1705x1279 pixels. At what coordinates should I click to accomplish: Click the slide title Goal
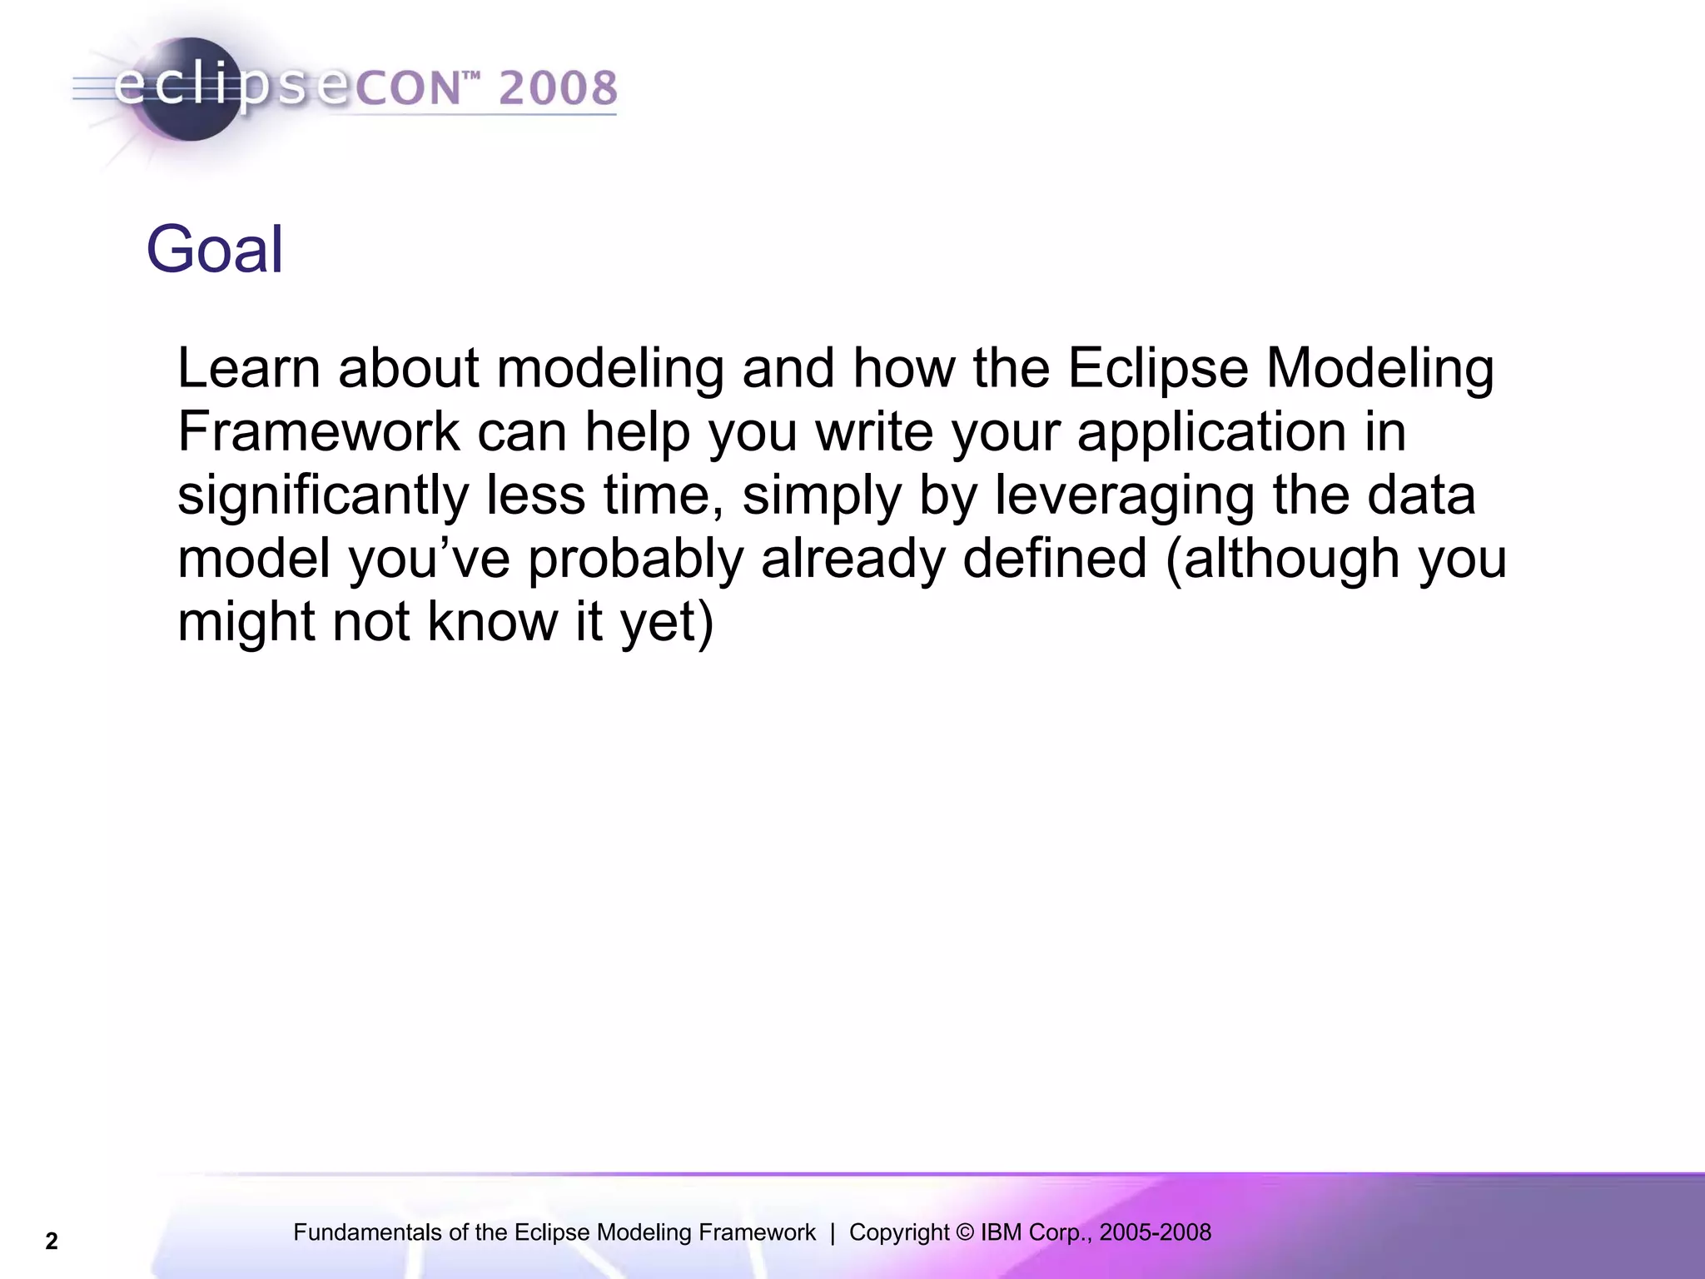215,249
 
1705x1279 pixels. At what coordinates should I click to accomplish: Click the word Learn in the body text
248,368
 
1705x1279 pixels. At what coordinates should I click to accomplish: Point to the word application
1211,433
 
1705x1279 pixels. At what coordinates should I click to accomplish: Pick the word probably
635,560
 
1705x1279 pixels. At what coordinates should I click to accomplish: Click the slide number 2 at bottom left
52,1242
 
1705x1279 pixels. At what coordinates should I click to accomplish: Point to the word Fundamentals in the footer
369,1232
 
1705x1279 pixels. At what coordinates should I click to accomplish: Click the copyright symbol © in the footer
965,1232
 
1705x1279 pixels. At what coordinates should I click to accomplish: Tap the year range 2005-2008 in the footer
1155,1232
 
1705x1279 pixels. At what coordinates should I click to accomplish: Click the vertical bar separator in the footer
833,1232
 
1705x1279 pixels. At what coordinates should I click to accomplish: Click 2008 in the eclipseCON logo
558,88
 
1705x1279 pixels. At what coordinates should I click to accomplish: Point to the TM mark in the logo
471,76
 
